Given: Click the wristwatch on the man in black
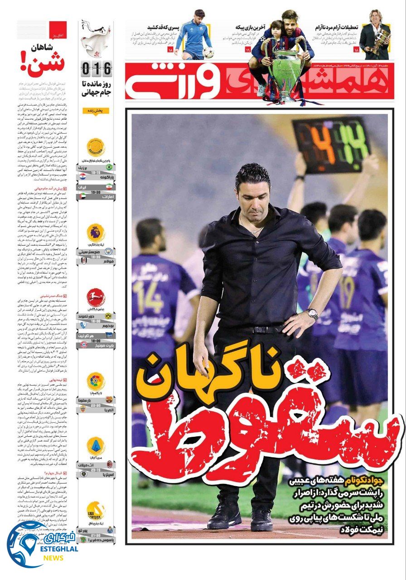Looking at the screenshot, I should point(312,314).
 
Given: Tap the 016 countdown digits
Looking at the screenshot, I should point(96,69).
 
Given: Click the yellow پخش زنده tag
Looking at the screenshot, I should point(96,111).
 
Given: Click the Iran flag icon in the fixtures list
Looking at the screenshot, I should point(109,186).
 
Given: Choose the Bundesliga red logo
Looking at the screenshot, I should point(96,297).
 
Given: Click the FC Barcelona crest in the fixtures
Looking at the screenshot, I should point(109,400).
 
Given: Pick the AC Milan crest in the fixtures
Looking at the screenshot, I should point(109,465).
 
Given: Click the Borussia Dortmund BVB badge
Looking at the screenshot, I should point(109,316).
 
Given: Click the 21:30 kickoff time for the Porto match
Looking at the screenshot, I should point(96,535).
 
